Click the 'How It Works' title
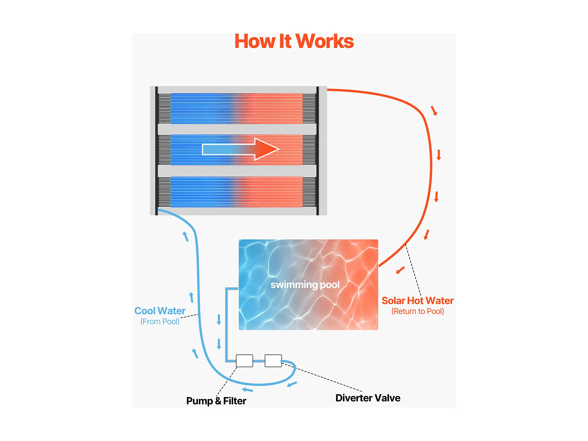tap(294, 42)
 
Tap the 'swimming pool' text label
tap(305, 285)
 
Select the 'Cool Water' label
tap(160, 311)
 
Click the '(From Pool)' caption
tap(160, 321)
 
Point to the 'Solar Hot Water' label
tap(417, 301)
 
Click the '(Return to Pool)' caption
tap(418, 311)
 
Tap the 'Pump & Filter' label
tap(216, 401)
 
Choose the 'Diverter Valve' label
tap(368, 398)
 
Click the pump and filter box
tap(244, 361)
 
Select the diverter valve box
tap(273, 361)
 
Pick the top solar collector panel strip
tap(237, 108)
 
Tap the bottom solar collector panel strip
tap(237, 192)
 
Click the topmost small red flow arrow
tap(434, 111)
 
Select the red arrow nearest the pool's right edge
tap(400, 270)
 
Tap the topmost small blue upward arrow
tap(186, 236)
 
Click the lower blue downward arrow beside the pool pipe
tap(219, 344)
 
